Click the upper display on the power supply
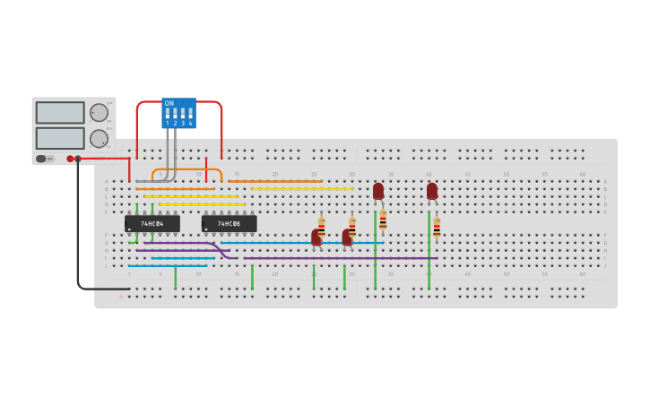point(60,112)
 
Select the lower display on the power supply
point(60,138)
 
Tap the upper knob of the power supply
point(99,112)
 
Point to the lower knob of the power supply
point(99,138)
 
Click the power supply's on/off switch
point(41,159)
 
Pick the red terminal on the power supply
point(70,159)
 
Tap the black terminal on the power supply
point(78,159)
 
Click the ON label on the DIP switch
point(169,103)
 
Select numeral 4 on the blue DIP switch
point(190,123)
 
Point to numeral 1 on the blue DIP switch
point(167,123)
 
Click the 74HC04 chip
point(152,223)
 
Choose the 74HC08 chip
point(229,223)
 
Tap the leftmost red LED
point(316,238)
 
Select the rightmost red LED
point(432,191)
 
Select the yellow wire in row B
point(302,189)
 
